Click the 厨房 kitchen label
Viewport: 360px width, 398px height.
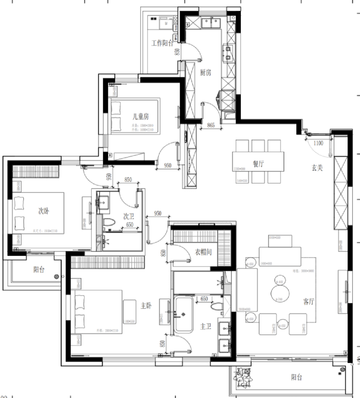[205, 72]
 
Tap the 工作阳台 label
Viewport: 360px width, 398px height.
[162, 43]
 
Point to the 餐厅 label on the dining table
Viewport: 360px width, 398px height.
[258, 164]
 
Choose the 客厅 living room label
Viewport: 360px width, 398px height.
[308, 302]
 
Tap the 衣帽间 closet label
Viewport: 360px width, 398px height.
[203, 252]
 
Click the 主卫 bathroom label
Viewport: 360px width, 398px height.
[205, 326]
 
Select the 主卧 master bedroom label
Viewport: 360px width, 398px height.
[146, 305]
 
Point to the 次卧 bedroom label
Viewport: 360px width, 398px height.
[43, 210]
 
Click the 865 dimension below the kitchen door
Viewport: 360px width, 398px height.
[211, 125]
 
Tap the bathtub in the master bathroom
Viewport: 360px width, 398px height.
[183, 315]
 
